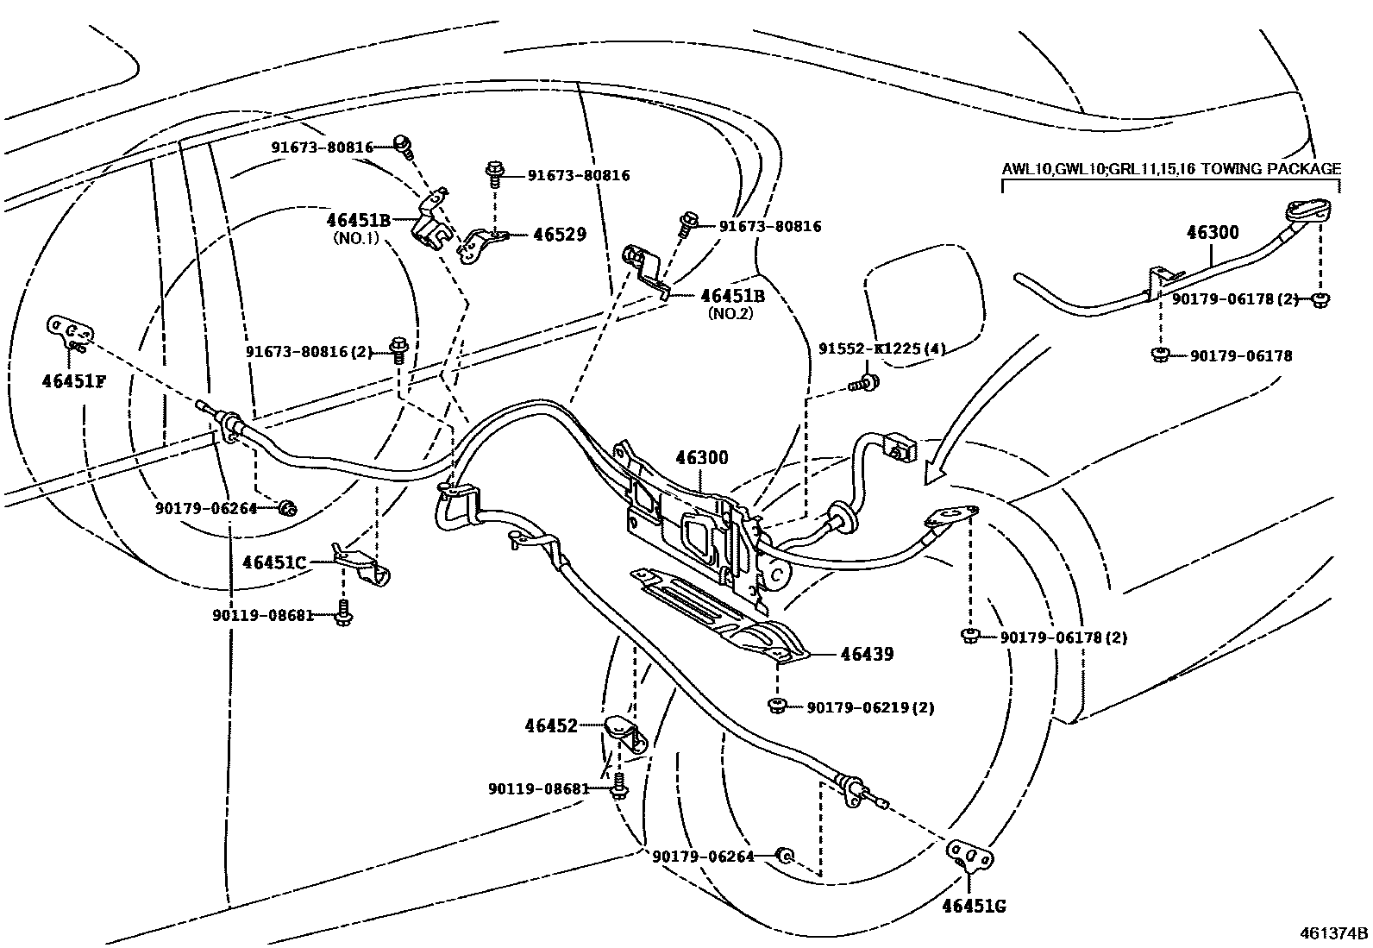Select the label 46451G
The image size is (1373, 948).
coord(974,906)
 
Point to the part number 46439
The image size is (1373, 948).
coord(867,654)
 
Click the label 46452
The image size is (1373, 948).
coord(551,726)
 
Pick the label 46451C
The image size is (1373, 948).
coord(274,562)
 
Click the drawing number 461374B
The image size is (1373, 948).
coord(1335,933)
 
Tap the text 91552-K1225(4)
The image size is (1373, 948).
coord(881,349)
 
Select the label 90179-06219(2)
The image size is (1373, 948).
coord(870,707)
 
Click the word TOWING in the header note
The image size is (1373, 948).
coord(1204,169)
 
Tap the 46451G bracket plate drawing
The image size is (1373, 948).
coord(970,857)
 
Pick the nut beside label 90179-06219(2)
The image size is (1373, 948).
coord(775,706)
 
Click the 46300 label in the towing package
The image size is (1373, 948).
coord(1213,232)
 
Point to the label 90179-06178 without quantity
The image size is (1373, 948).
coord(1240,355)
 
